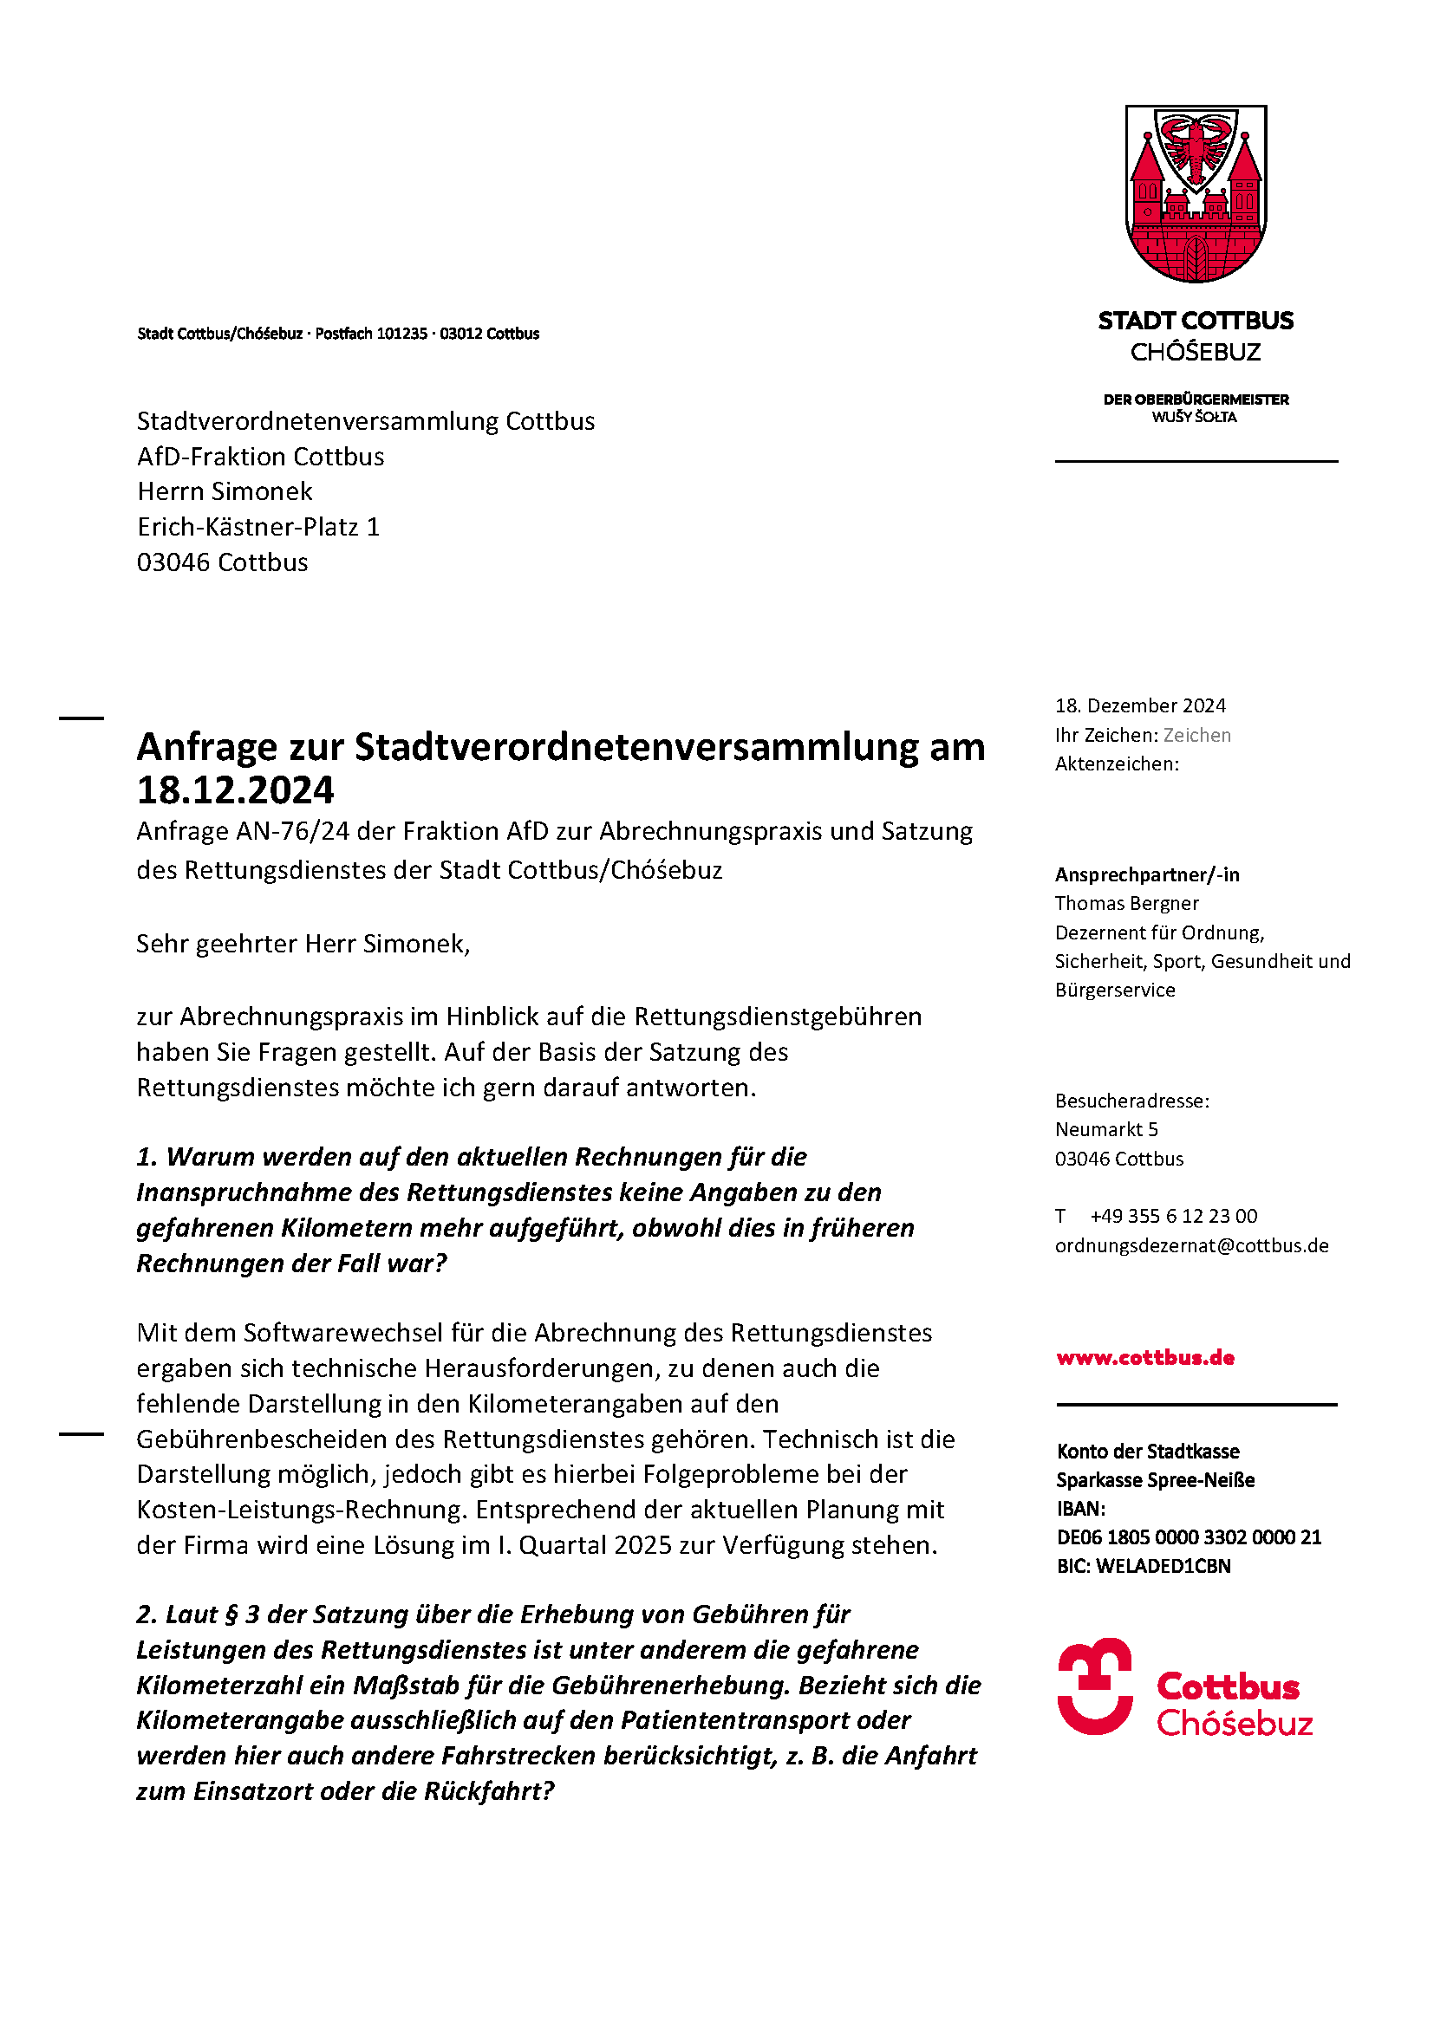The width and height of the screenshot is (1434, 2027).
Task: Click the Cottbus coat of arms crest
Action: (x=1195, y=193)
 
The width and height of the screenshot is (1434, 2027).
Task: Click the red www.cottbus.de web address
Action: (x=1144, y=1357)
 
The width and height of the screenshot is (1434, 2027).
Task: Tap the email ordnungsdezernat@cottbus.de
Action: (x=1191, y=1244)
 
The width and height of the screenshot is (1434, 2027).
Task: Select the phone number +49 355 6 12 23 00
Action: (x=1173, y=1216)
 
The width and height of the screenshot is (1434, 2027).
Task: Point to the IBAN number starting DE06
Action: (x=1189, y=1537)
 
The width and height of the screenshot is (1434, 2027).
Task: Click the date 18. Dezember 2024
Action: (x=1140, y=705)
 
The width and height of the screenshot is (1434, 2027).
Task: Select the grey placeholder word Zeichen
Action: (x=1196, y=735)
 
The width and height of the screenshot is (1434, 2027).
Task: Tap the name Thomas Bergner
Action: (x=1127, y=903)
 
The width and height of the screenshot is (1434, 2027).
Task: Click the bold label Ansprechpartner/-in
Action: (x=1147, y=874)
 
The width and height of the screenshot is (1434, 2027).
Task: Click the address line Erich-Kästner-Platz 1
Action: (x=257, y=527)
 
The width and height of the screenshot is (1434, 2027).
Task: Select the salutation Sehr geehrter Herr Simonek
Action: (x=303, y=944)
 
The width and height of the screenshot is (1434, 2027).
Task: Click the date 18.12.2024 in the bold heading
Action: (x=235, y=790)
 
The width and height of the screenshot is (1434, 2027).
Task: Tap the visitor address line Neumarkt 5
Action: (x=1106, y=1129)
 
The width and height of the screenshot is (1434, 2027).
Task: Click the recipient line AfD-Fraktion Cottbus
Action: (x=260, y=457)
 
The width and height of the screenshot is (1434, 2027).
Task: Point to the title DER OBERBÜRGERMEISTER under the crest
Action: (x=1196, y=399)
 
